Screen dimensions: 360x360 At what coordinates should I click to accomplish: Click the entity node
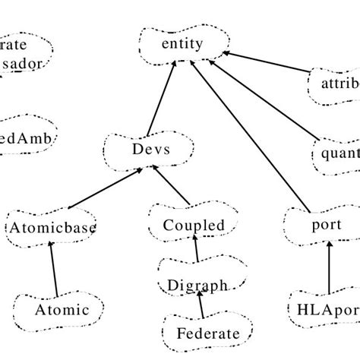pos(182,44)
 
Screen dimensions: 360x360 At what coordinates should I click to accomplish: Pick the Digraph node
pos(197,286)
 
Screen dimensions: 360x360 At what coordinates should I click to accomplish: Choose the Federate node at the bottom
pos(207,333)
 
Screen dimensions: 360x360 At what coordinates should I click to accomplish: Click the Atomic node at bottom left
pos(62,310)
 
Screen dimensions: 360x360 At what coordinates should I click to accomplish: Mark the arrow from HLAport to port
pos(329,266)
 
